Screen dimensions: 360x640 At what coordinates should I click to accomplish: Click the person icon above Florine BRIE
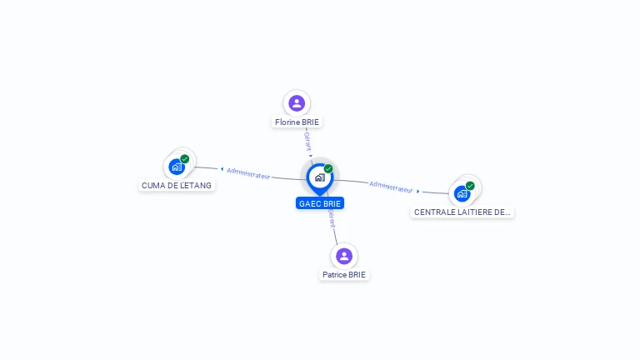tap(297, 103)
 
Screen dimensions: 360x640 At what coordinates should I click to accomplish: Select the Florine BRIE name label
tap(297, 122)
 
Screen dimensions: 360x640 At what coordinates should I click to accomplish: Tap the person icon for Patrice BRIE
tap(343, 256)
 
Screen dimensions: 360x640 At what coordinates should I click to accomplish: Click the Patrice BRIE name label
tap(344, 275)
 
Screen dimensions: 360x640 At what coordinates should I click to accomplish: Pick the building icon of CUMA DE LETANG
tap(176, 167)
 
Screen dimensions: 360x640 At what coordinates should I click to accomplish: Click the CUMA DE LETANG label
tap(177, 185)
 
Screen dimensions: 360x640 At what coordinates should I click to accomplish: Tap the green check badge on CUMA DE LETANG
tap(185, 158)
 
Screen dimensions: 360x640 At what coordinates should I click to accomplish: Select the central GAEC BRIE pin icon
tap(319, 177)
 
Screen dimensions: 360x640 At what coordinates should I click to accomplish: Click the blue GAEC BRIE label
tap(319, 203)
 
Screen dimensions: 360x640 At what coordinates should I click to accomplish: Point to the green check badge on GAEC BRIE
tap(328, 168)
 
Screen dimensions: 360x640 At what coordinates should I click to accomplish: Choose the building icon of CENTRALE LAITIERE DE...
tap(461, 194)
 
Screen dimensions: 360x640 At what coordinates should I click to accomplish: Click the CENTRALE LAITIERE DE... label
tap(462, 212)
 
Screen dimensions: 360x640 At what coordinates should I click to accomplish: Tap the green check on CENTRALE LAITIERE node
tap(470, 186)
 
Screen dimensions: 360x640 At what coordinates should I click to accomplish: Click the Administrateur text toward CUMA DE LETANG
tap(248, 174)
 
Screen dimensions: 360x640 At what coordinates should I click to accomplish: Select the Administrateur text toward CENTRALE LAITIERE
tap(391, 187)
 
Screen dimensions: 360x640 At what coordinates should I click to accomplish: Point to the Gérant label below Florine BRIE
tap(307, 141)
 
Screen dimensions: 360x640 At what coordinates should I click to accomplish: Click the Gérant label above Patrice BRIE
tap(332, 218)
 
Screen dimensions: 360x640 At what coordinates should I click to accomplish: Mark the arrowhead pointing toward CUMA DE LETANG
tap(222, 169)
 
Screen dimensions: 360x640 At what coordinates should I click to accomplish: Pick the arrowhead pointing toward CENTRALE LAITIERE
tap(417, 191)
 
